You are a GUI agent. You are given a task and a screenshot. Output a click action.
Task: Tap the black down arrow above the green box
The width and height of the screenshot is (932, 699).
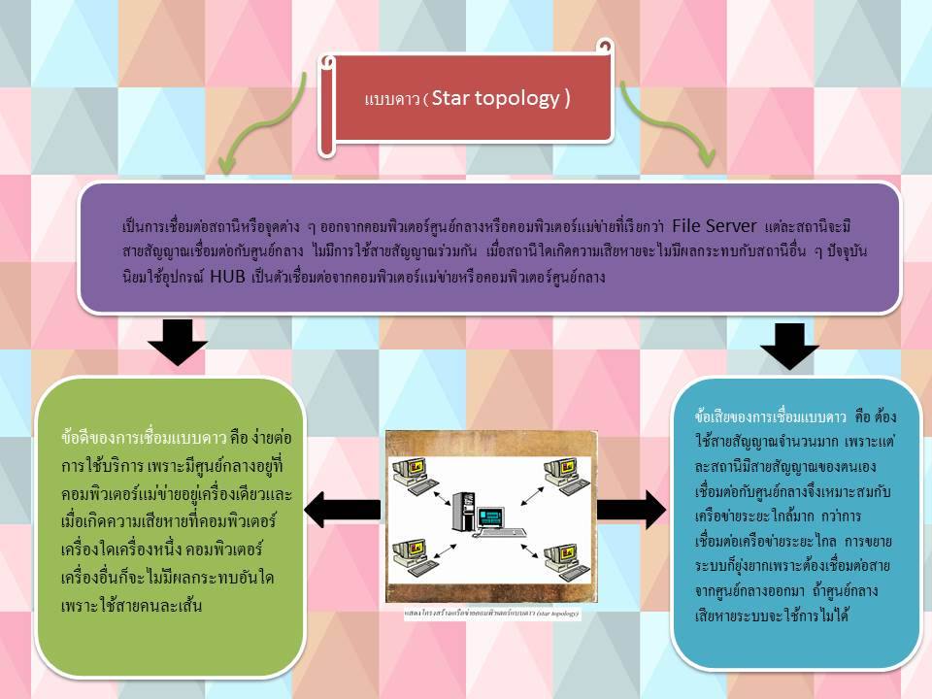pyautogui.click(x=177, y=345)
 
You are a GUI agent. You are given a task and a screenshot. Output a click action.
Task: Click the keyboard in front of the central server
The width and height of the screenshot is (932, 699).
pyautogui.click(x=508, y=533)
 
